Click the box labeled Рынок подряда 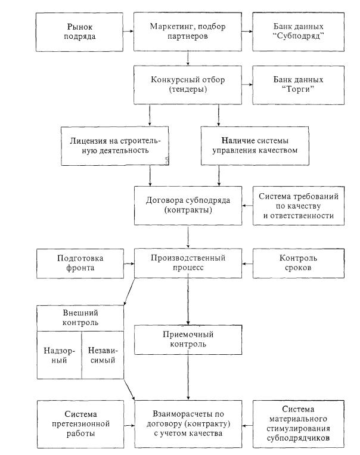[x=79, y=32]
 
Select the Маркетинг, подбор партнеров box [x=188, y=32]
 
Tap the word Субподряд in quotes [x=299, y=36]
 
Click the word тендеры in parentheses [x=188, y=89]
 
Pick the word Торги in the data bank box [x=298, y=89]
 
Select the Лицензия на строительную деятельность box [x=115, y=146]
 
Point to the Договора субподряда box [x=188, y=206]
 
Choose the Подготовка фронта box [x=80, y=263]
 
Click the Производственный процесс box [x=188, y=263]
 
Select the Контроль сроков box [x=299, y=263]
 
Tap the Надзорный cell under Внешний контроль [x=60, y=355]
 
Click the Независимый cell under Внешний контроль [x=103, y=355]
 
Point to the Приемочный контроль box [x=188, y=339]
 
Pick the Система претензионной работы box [x=80, y=424]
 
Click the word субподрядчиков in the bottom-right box [x=298, y=438]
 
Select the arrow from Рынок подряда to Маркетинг [x=128, y=32]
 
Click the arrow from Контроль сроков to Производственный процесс [x=247, y=264]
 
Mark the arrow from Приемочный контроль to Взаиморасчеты [x=188, y=377]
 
